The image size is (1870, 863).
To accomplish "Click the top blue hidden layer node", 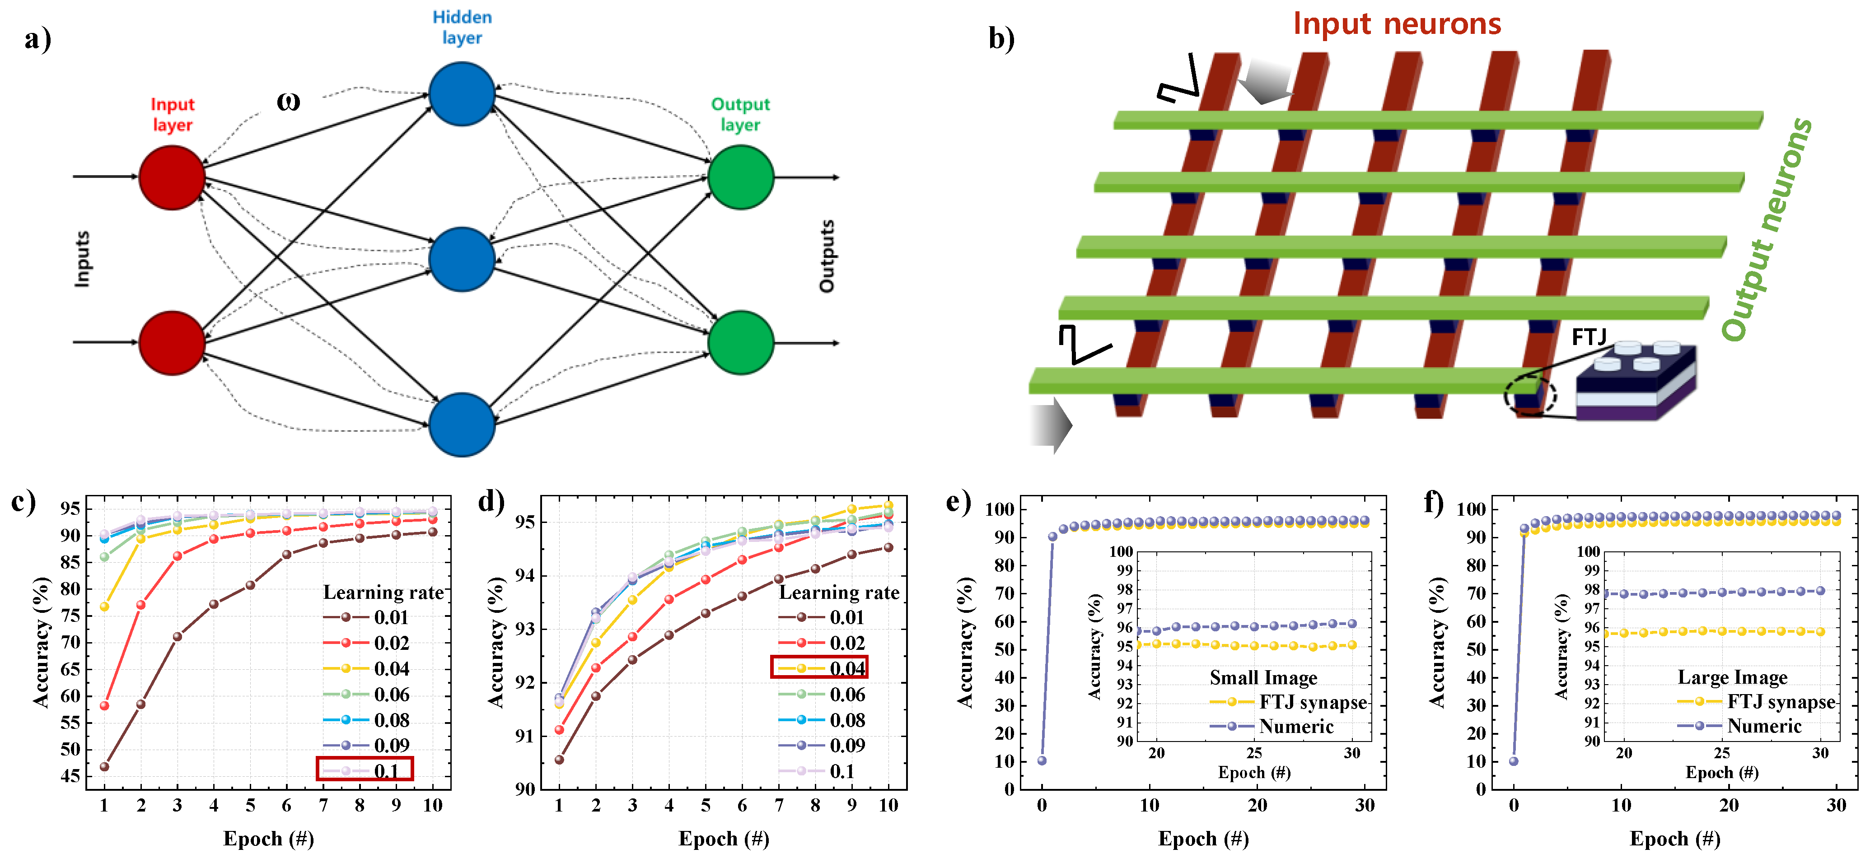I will tap(462, 93).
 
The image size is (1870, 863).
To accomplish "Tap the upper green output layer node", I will tap(740, 177).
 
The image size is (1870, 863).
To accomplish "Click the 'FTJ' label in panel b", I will tap(1588, 337).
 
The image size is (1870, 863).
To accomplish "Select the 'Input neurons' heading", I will tap(1396, 24).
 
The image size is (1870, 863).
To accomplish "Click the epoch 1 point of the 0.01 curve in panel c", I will tap(104, 766).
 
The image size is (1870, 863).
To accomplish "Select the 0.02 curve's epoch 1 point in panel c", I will tap(104, 705).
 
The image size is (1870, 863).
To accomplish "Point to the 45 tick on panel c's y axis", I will tap(70, 776).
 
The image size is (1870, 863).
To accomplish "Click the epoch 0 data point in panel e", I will tap(1042, 760).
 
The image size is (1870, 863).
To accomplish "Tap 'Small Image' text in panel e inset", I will tap(1262, 677).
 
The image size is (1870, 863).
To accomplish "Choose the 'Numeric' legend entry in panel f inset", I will tap(1763, 726).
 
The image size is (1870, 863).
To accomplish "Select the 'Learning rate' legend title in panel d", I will tap(838, 592).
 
